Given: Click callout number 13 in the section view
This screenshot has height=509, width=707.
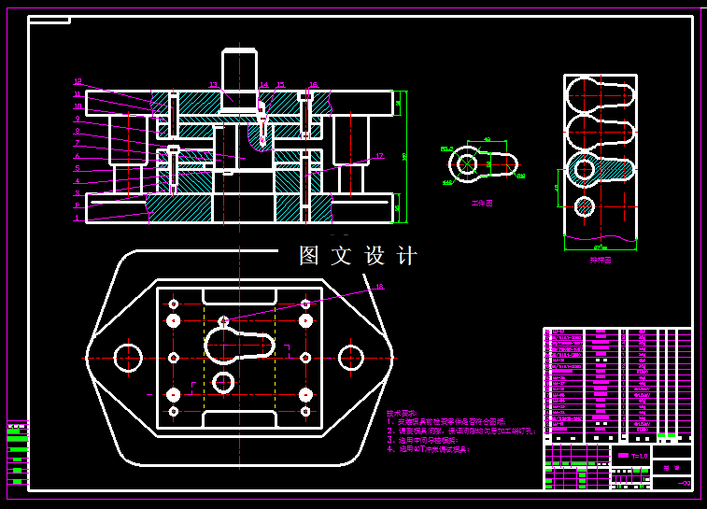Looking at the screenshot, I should click(x=213, y=85).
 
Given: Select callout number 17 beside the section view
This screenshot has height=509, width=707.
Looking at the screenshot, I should click(x=379, y=156).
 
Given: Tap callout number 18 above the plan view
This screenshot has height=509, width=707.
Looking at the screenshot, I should click(x=379, y=287).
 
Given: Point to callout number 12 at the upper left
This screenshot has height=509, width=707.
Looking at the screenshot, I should click(x=78, y=81).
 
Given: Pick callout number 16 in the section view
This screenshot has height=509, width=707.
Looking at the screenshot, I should click(x=313, y=85).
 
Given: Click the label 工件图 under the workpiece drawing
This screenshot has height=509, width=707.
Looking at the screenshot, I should click(x=482, y=202).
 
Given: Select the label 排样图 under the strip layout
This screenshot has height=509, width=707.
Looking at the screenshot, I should click(x=600, y=261).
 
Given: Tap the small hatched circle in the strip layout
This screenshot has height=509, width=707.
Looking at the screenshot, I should click(x=584, y=205).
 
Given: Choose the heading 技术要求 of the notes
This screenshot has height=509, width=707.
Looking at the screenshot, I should click(x=402, y=413).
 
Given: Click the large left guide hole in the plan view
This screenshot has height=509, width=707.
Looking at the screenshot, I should click(x=127, y=357).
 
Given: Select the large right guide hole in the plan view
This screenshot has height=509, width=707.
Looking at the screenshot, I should click(x=350, y=357).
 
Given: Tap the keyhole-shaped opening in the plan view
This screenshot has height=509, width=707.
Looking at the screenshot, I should click(x=238, y=345).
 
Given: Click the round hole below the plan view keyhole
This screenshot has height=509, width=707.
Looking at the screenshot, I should click(x=223, y=382).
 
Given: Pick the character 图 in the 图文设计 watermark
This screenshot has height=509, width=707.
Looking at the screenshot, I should click(x=309, y=256).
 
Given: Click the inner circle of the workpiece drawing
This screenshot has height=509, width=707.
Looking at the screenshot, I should click(x=466, y=164).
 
